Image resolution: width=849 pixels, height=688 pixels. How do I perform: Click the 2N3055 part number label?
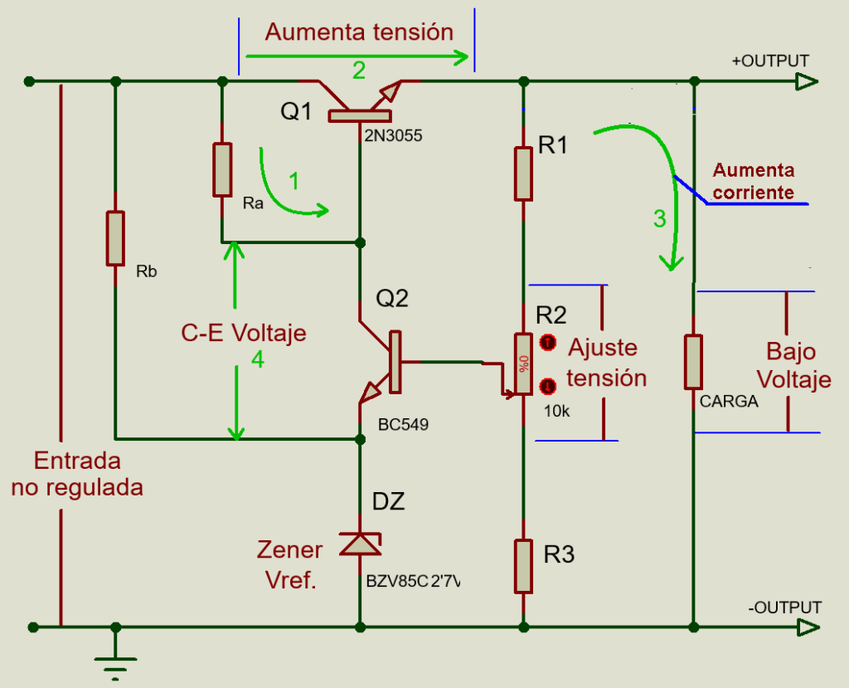pyautogui.click(x=393, y=135)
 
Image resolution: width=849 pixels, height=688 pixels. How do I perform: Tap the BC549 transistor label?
pyautogui.click(x=403, y=424)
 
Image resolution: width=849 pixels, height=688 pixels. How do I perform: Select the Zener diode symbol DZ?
pyautogui.click(x=361, y=544)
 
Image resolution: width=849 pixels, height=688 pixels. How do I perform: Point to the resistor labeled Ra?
pyautogui.click(x=222, y=169)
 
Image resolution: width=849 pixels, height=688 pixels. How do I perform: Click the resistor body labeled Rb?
pyautogui.click(x=115, y=238)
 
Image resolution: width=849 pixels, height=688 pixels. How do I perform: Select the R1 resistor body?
pyautogui.click(x=523, y=173)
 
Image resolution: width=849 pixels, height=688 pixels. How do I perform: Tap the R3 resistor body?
pyautogui.click(x=523, y=565)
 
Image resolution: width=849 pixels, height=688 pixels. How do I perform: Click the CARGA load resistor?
pyautogui.click(x=694, y=362)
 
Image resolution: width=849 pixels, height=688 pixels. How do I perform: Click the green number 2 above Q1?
pyautogui.click(x=358, y=71)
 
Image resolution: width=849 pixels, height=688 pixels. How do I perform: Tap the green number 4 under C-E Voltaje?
pyautogui.click(x=259, y=359)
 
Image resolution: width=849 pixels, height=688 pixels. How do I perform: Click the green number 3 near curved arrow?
pyautogui.click(x=659, y=219)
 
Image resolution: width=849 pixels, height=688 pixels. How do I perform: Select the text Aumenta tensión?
pyautogui.click(x=359, y=32)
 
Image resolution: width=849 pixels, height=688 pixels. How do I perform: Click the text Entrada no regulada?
pyautogui.click(x=77, y=474)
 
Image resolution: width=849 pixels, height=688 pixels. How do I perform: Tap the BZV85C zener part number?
pyautogui.click(x=413, y=582)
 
